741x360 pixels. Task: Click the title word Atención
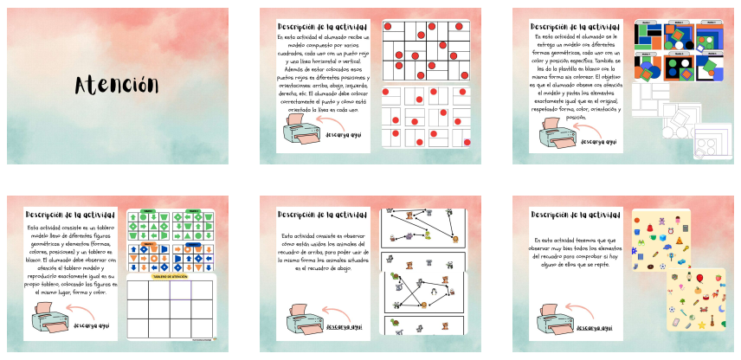click(x=117, y=86)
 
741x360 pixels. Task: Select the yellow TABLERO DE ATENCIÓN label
click(x=170, y=275)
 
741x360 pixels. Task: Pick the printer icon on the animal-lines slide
click(x=301, y=321)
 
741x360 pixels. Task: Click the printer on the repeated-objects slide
click(x=553, y=320)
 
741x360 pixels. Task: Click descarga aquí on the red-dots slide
click(x=345, y=136)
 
